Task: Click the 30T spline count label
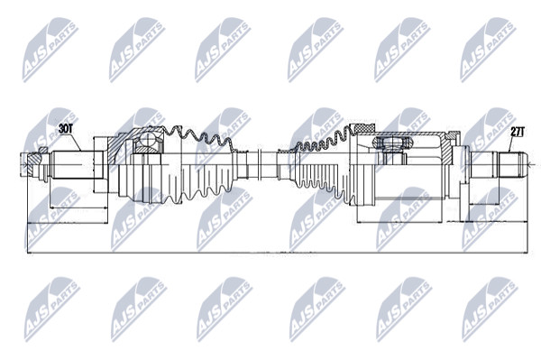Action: pos(66,129)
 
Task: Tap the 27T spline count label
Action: pos(518,132)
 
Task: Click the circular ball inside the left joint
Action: pos(147,140)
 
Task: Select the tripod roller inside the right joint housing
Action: pos(392,143)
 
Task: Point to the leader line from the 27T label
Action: pos(512,144)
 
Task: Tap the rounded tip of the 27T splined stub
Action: pos(524,165)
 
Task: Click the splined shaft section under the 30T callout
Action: pos(72,164)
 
